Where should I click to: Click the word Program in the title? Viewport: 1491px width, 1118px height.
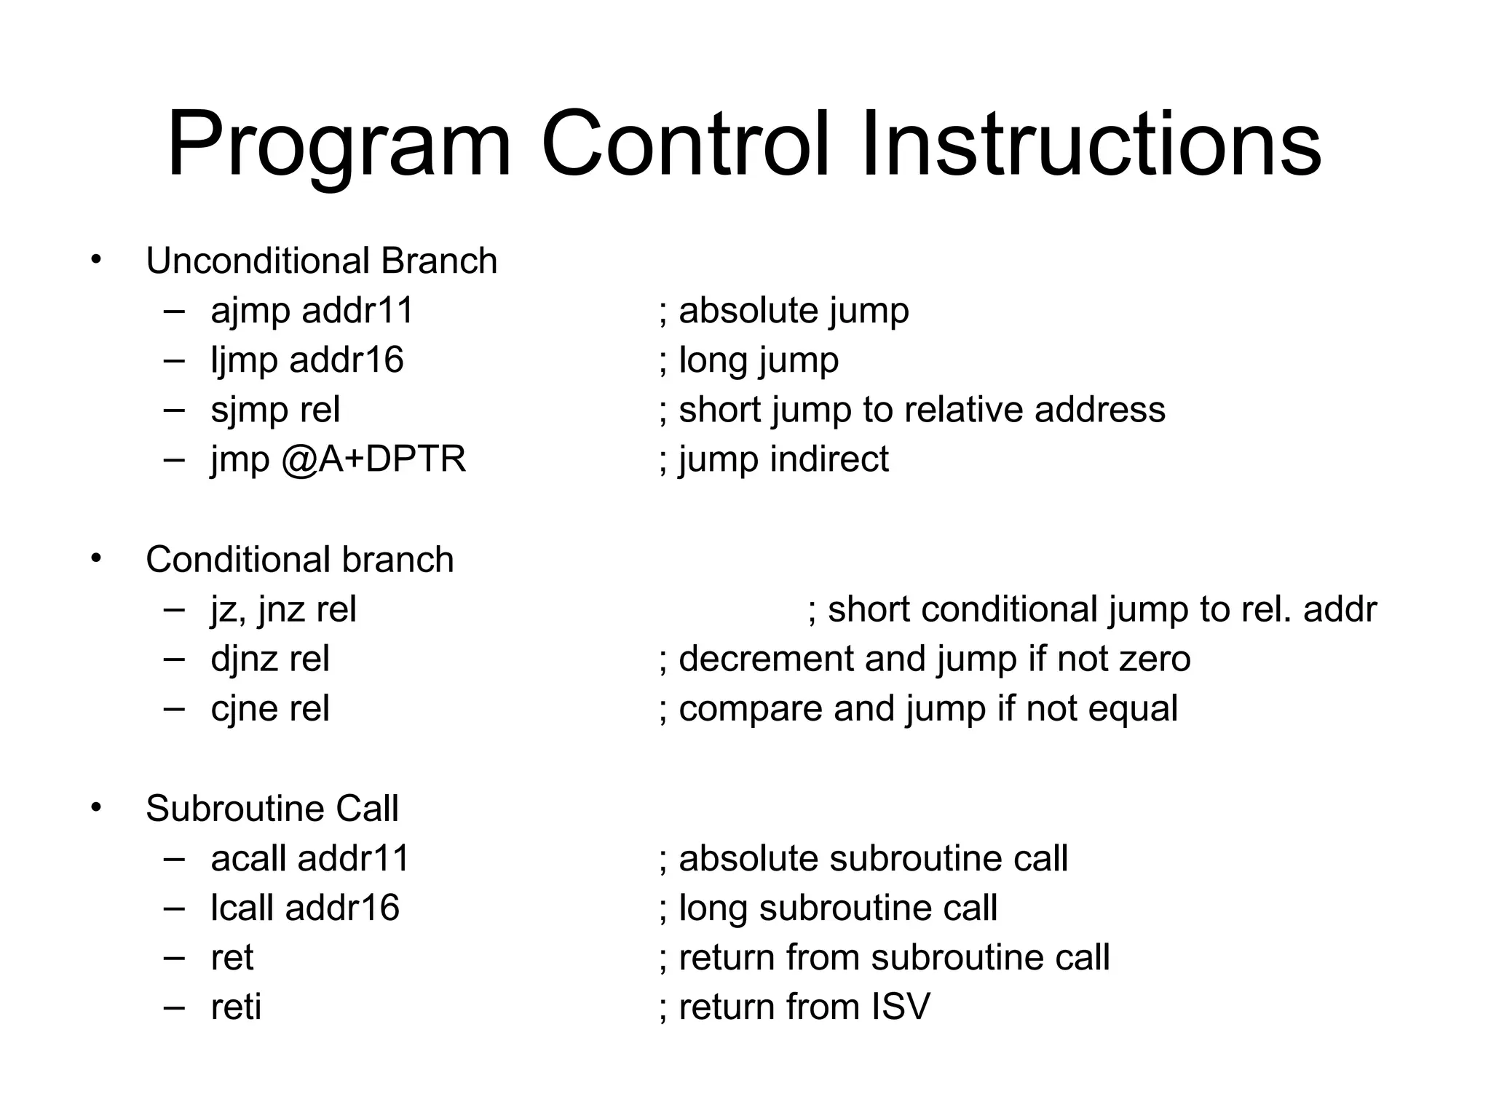click(339, 145)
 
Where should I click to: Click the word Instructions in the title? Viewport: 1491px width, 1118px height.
click(1091, 145)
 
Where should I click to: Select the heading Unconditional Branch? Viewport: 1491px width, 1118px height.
click(321, 261)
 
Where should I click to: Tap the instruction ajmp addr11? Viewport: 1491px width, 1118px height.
click(312, 311)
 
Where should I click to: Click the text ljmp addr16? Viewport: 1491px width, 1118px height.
click(306, 360)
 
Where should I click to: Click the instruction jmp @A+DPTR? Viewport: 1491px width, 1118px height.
click(338, 459)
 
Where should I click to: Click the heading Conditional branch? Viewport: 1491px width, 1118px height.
click(299, 560)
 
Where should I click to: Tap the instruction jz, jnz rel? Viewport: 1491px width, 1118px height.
click(283, 609)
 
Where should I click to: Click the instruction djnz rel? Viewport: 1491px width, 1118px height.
click(269, 659)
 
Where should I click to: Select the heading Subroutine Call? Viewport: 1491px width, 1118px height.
click(272, 809)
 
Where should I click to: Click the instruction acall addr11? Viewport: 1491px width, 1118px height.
click(310, 859)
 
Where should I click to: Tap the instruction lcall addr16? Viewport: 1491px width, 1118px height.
click(305, 908)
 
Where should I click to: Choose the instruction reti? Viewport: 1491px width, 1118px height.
click(236, 1007)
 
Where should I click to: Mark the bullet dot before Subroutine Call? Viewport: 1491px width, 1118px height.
click(96, 806)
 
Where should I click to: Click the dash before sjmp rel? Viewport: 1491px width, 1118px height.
click(174, 409)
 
